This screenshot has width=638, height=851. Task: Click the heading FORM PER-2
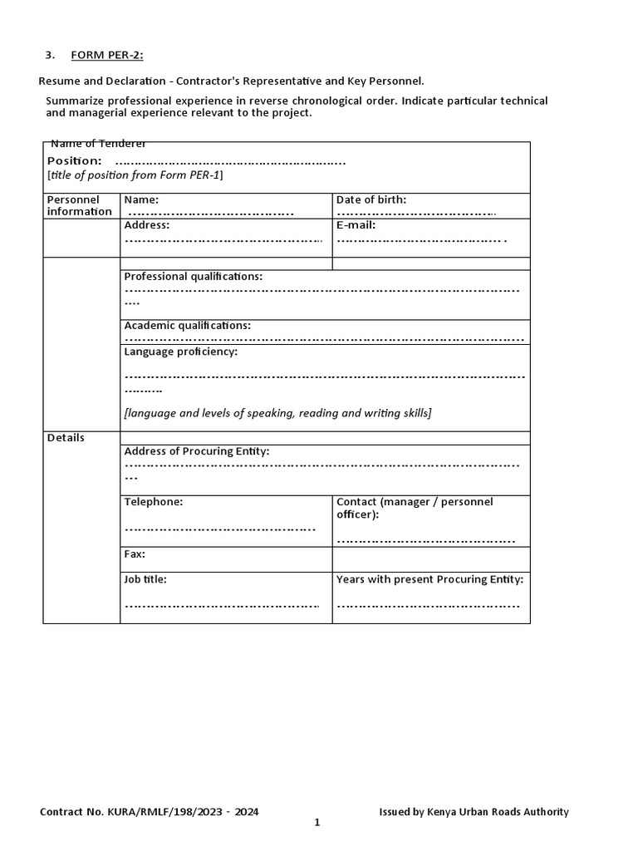106,56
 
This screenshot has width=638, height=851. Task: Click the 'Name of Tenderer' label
98,144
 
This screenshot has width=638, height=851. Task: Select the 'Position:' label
75,160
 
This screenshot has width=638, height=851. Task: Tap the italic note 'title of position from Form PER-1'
135,175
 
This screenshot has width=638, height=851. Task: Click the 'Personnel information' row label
80,205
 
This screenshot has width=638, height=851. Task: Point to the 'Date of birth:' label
371,199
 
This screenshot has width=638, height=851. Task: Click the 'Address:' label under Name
147,224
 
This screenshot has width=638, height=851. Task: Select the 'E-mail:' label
356,224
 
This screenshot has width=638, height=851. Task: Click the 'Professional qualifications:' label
193,276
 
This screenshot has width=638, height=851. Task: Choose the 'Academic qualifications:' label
187,326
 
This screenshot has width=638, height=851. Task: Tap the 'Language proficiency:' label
180,352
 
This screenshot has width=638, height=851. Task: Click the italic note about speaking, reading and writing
277,413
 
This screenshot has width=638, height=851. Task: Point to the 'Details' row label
66,437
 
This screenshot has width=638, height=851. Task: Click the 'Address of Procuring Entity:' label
197,451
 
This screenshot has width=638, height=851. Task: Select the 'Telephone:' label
153,502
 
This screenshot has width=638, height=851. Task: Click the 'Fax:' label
135,553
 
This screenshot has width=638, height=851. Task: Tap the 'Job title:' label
145,579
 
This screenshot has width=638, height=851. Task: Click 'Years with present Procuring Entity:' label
429,579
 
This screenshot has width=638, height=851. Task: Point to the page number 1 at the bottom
317,823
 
